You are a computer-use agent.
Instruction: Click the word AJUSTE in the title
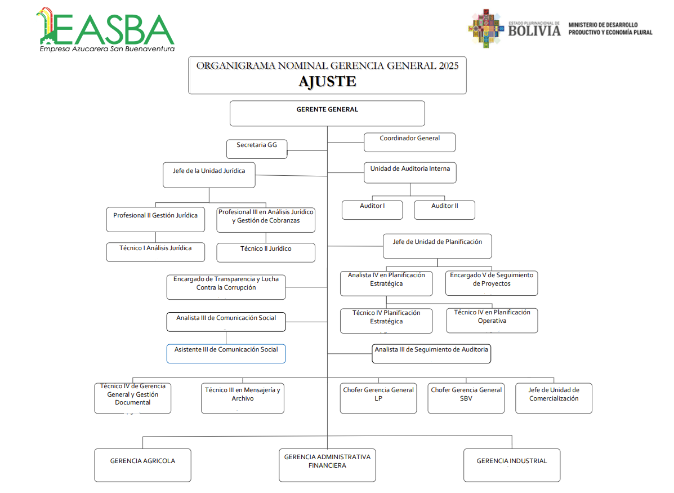tap(327, 82)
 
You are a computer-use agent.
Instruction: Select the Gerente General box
tap(327, 113)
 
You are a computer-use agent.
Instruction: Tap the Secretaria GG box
tap(257, 149)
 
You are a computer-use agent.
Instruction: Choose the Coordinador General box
tap(409, 142)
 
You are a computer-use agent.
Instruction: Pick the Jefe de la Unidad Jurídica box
tap(209, 175)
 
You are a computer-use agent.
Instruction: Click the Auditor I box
tap(372, 210)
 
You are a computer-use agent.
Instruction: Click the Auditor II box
tap(444, 210)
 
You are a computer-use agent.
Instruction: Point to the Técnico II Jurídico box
tap(266, 252)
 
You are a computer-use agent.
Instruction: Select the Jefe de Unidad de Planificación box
tap(437, 246)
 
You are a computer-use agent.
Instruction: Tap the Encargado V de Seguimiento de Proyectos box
tap(491, 283)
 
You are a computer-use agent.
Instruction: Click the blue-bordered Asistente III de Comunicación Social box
tap(226, 353)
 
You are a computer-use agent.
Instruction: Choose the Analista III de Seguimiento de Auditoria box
tap(431, 353)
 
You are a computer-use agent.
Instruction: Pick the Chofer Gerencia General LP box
tap(378, 398)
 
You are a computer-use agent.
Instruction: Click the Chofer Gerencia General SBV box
tap(466, 398)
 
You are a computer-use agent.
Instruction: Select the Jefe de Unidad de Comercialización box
tap(554, 398)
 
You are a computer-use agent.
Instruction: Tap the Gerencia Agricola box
tap(142, 465)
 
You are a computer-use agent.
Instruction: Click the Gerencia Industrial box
tap(511, 465)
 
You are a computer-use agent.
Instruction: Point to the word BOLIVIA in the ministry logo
tap(534, 31)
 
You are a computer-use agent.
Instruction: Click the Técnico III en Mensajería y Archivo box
tap(242, 398)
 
